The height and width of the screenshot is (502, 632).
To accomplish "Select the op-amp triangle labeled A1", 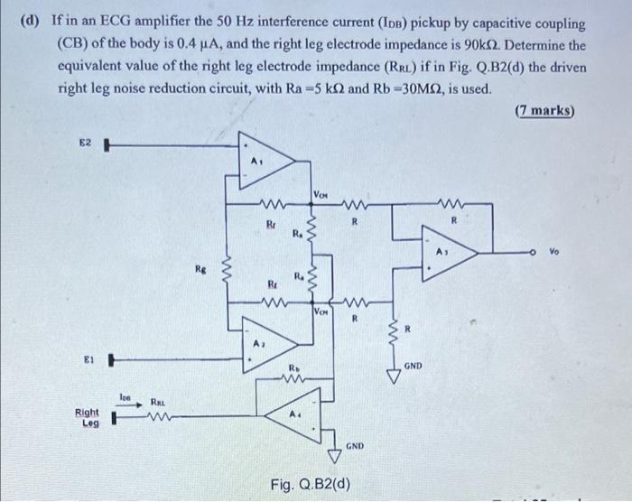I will (x=265, y=161).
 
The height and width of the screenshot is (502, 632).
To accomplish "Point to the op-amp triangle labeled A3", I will (x=449, y=255).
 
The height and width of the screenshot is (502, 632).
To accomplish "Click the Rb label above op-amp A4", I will (x=293, y=367).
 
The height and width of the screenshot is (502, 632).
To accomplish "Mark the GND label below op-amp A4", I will (x=355, y=446).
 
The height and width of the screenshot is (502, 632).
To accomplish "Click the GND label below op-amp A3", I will (x=414, y=366).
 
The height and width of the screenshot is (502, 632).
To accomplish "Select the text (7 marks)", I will (x=545, y=111).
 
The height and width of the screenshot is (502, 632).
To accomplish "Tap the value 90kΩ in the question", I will (x=542, y=44).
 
